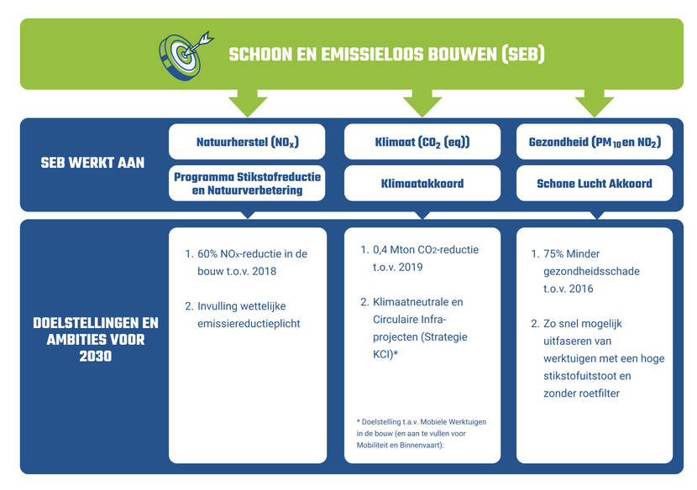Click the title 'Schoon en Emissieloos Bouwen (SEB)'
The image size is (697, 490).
(x=386, y=55)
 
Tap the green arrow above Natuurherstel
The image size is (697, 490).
(x=248, y=102)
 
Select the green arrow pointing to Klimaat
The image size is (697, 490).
(x=422, y=102)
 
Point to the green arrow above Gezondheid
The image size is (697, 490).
(x=595, y=102)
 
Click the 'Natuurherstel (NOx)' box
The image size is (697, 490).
(x=247, y=142)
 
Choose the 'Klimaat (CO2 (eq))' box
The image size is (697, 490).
(x=422, y=142)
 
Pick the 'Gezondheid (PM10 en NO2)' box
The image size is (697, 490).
(x=595, y=142)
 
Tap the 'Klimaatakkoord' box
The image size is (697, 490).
(x=422, y=183)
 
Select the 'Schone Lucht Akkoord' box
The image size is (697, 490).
(x=595, y=183)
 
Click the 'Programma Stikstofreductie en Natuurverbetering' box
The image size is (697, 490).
(x=247, y=183)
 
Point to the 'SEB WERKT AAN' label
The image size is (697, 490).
(x=92, y=163)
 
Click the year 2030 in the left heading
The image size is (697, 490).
(x=96, y=356)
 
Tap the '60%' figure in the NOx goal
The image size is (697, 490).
(x=207, y=253)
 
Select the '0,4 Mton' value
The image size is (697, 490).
(x=392, y=250)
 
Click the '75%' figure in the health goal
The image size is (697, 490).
(x=553, y=253)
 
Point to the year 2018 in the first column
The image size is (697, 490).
(x=264, y=271)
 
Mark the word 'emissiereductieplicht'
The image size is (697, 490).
(x=249, y=323)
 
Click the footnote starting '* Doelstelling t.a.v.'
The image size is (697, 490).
(x=421, y=433)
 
